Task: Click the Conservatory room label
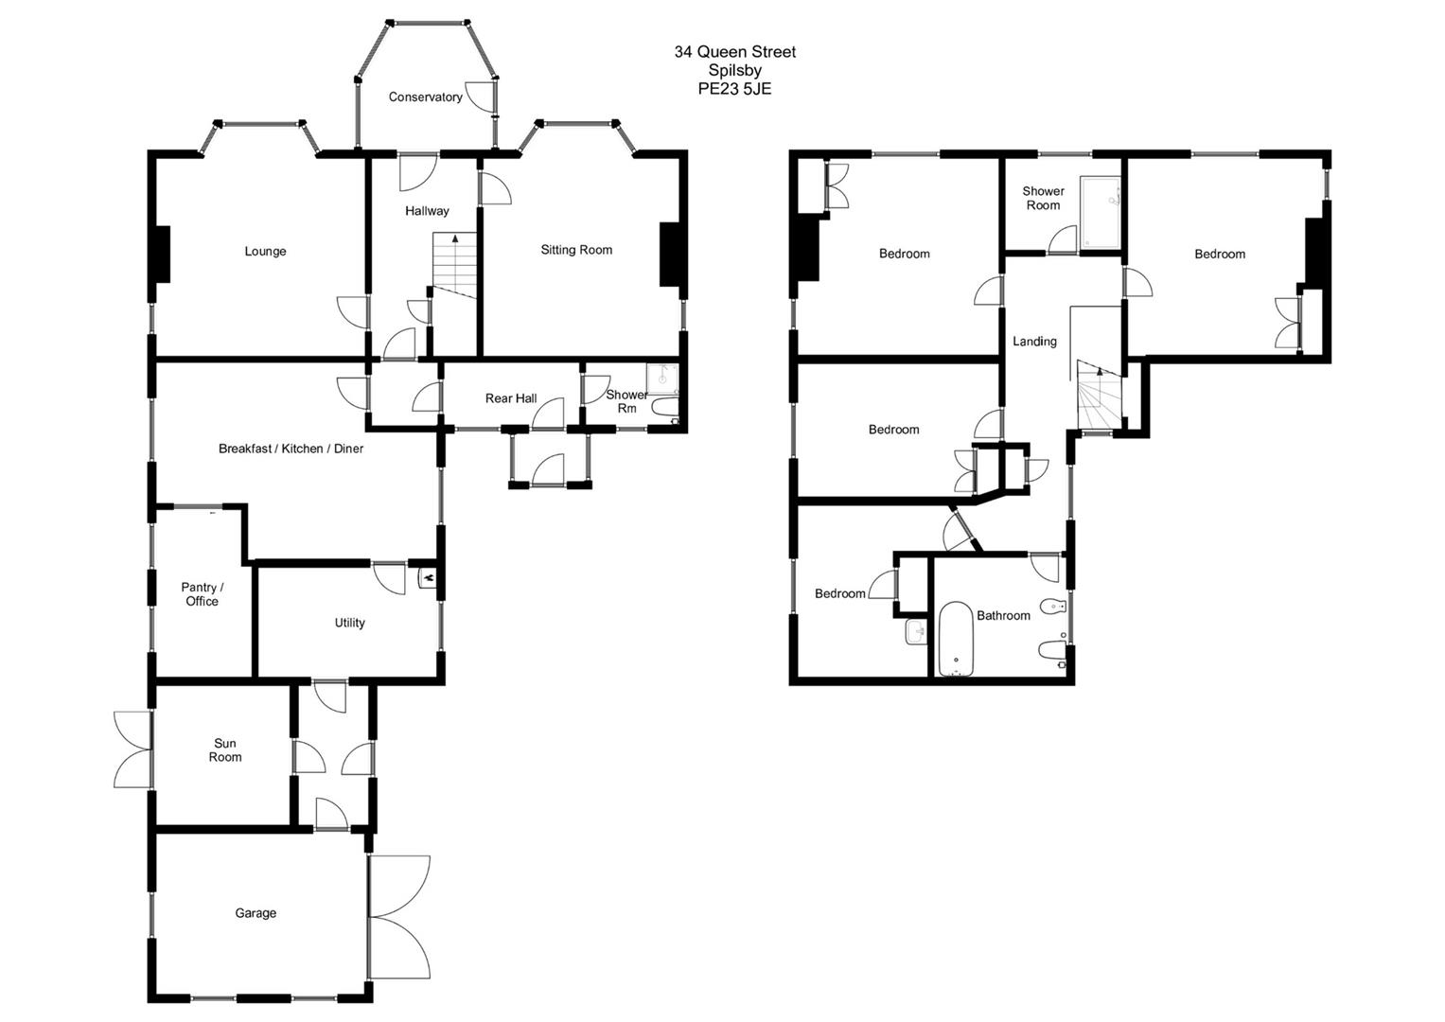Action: point(425,97)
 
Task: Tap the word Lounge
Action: point(265,252)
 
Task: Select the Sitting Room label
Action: point(576,250)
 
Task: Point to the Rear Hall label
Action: point(511,398)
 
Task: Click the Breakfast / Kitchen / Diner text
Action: point(291,449)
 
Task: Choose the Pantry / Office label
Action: point(202,594)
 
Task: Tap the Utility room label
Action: point(349,623)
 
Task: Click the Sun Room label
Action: point(225,750)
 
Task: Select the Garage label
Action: point(256,913)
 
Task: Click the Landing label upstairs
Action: point(1034,342)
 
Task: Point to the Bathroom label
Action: point(1003,616)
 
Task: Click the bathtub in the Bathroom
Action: point(956,640)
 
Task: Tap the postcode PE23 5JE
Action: point(734,89)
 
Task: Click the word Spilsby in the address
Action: point(734,70)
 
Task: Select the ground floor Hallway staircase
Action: point(454,266)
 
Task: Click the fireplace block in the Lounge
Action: point(161,254)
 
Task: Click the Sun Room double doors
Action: point(132,749)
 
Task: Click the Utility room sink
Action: point(428,576)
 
